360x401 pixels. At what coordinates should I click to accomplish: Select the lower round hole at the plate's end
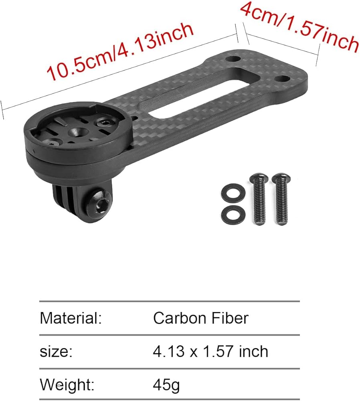(x=281, y=78)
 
